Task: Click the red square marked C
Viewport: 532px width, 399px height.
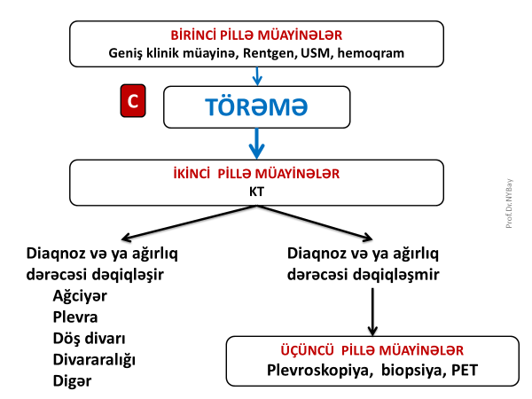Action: [x=132, y=103]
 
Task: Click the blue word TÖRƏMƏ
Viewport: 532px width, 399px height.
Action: [x=256, y=106]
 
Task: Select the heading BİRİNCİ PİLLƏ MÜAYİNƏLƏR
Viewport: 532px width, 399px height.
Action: [x=256, y=35]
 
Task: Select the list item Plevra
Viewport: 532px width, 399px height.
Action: [x=75, y=317]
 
